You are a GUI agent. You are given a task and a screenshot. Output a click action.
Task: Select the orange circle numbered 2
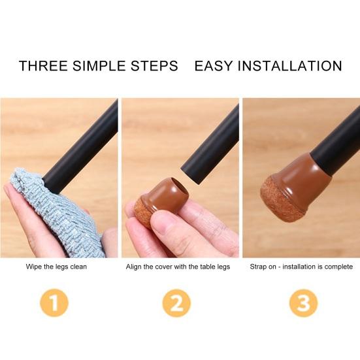(177, 303)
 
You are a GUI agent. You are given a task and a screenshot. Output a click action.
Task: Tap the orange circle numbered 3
(304, 303)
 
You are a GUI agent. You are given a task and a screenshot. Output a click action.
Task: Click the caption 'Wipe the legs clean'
(56, 267)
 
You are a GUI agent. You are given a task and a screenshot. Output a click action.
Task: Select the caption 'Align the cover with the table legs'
(178, 267)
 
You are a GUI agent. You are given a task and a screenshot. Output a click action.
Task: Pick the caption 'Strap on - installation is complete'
(301, 267)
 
